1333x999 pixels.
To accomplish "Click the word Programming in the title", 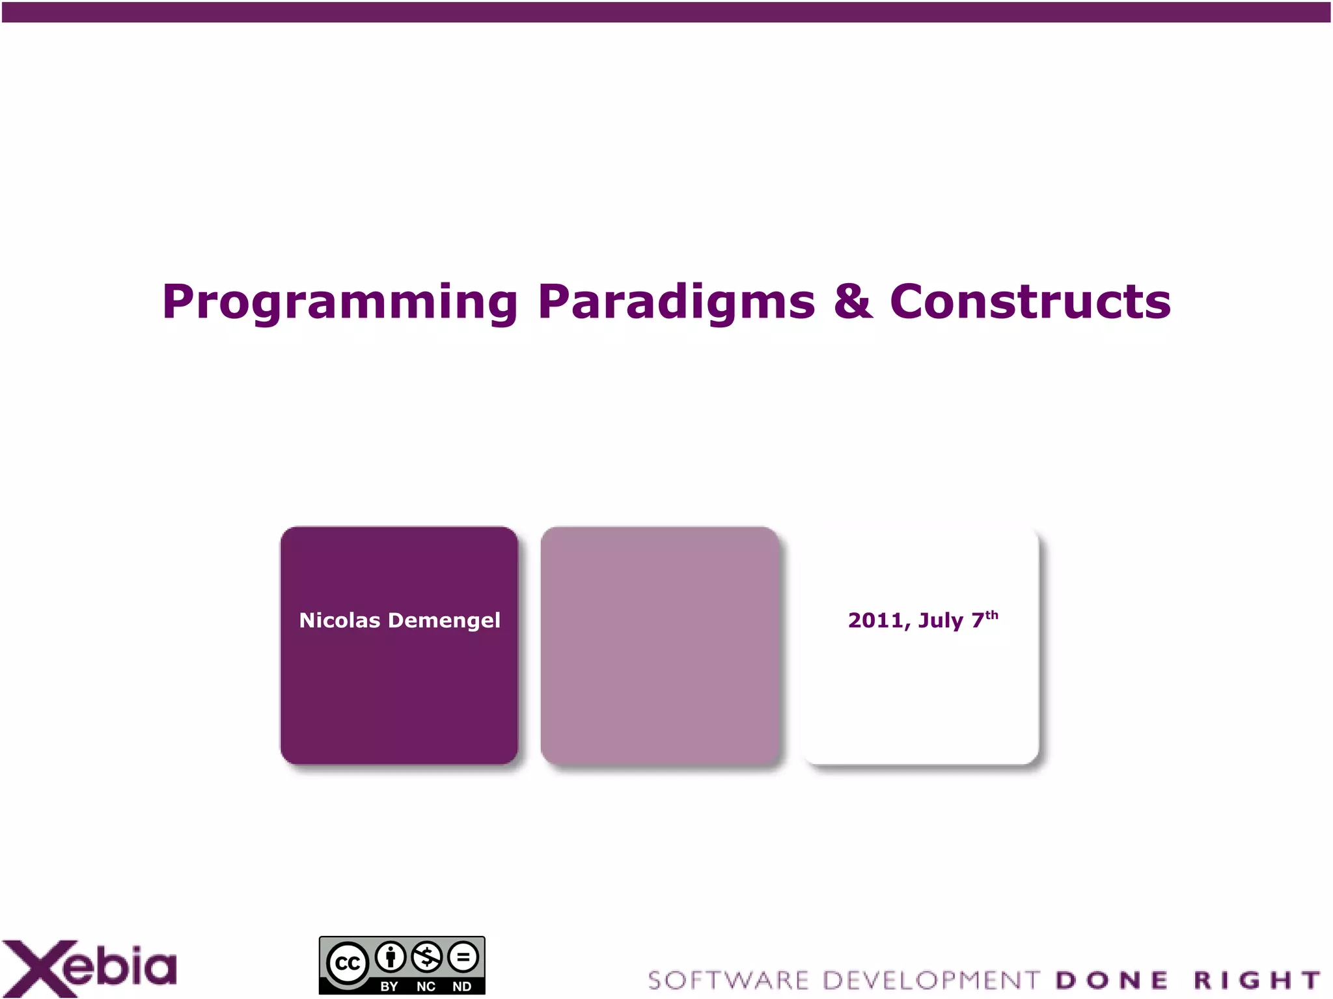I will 340,302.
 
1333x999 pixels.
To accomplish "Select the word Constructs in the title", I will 1030,302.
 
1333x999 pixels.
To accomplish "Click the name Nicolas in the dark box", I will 339,620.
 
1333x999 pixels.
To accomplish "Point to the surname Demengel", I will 445,620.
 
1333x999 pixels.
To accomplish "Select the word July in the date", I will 941,620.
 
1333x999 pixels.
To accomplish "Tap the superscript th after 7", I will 991,614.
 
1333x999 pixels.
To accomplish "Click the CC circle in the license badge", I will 348,963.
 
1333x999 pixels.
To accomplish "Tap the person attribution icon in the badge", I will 391,957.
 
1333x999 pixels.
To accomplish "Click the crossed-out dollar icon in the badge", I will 427,957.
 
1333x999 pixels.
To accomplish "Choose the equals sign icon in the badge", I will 463,957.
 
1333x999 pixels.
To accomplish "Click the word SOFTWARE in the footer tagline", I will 728,980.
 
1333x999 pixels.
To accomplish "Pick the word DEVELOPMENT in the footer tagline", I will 931,980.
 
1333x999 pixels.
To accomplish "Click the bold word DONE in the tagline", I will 1112,980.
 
